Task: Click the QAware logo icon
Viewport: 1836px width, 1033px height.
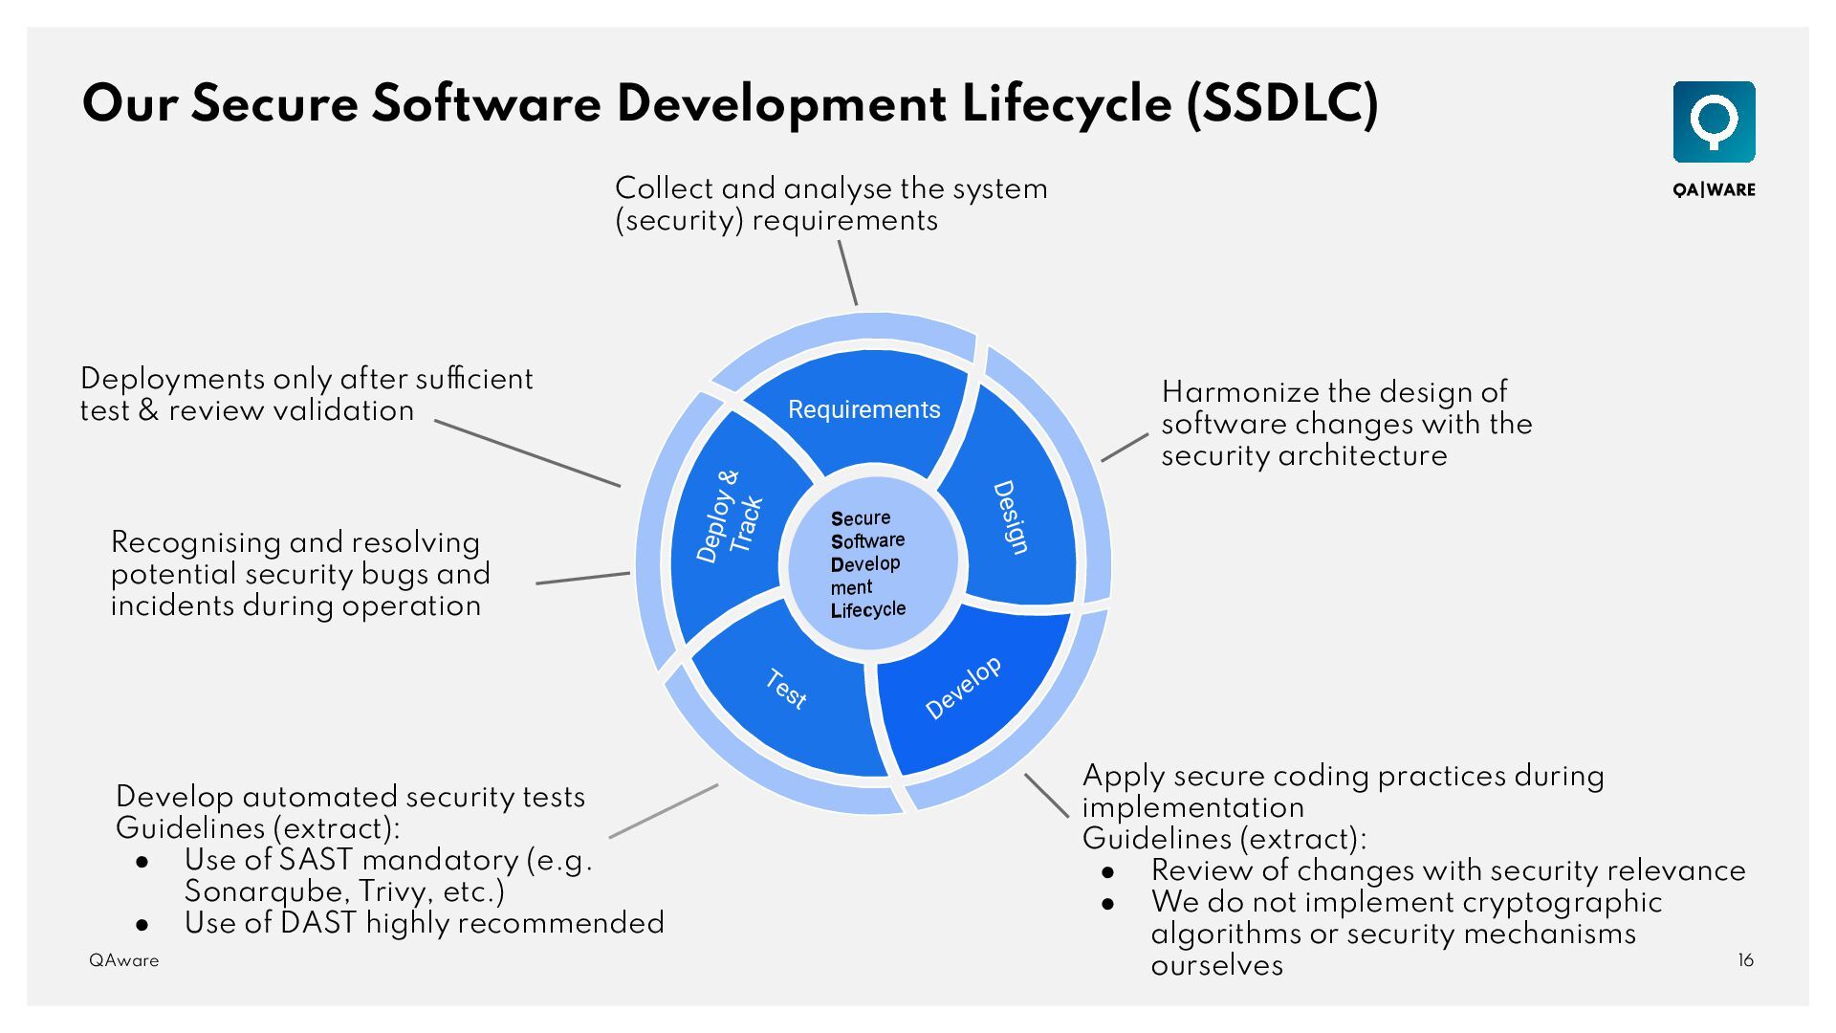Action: [x=1714, y=121]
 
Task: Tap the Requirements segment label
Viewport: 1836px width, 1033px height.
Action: [x=863, y=409]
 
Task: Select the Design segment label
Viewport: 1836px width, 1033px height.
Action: [x=1011, y=516]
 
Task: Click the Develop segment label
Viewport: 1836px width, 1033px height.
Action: [x=963, y=687]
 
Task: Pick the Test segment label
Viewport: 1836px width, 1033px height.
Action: [x=786, y=689]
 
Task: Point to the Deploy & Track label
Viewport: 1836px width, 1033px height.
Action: [x=730, y=516]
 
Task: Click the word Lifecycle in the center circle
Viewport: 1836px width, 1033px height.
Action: [x=867, y=609]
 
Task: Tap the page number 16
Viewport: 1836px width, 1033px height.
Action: [x=1745, y=960]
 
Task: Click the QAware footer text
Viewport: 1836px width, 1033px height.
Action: [x=124, y=960]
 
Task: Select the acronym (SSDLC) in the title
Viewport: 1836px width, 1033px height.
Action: [x=1282, y=103]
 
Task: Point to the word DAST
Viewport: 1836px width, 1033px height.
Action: [x=318, y=923]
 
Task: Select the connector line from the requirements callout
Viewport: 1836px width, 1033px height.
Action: [x=847, y=273]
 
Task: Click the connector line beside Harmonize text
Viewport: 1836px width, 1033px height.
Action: [x=1125, y=448]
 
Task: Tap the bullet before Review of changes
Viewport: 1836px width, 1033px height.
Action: [x=1109, y=872]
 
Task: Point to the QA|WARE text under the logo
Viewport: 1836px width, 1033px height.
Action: [x=1714, y=189]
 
